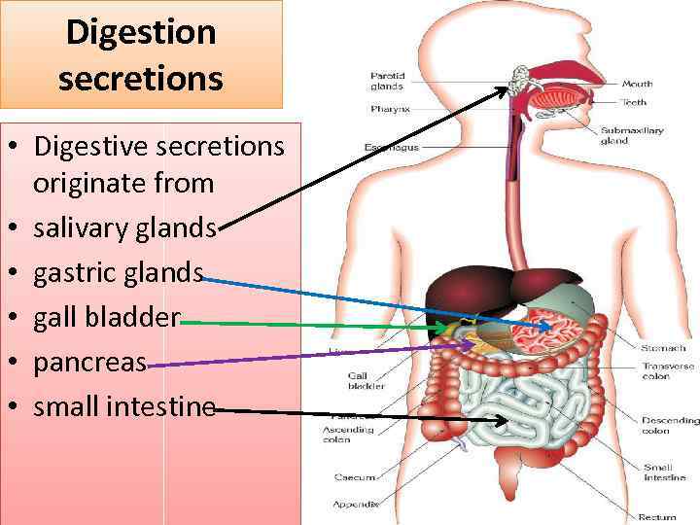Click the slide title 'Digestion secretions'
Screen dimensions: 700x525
(141, 54)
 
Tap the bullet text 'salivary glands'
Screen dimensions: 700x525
(124, 228)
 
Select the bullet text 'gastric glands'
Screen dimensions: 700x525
(118, 273)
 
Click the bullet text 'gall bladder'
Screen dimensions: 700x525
(107, 318)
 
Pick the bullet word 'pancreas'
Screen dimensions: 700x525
(89, 363)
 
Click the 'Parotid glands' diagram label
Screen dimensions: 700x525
(387, 81)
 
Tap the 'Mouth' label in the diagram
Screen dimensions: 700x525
(637, 85)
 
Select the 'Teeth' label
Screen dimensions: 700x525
(635, 101)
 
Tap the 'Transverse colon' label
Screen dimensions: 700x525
(668, 370)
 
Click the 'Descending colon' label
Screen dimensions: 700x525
(669, 425)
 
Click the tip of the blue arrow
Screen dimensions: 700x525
(550, 326)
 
